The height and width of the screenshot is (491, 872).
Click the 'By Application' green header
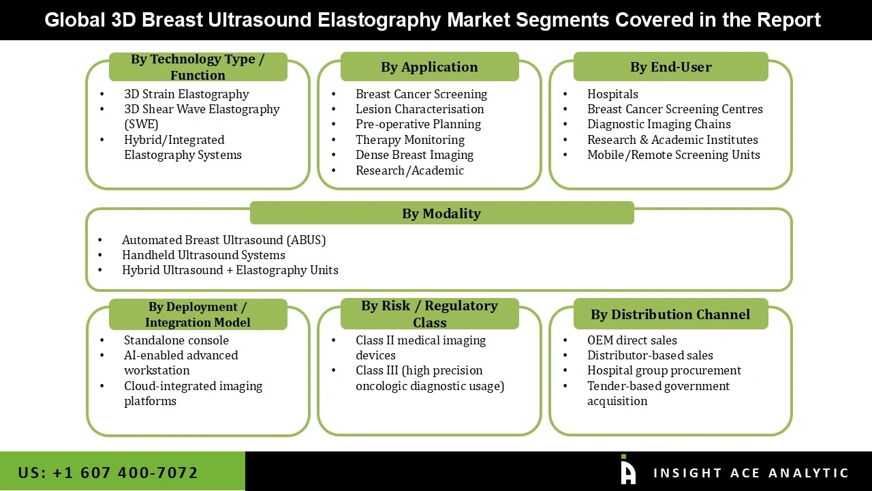click(429, 67)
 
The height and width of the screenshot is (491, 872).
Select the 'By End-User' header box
click(670, 67)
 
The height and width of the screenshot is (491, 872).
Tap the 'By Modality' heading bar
click(441, 213)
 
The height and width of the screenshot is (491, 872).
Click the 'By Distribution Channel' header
click(670, 314)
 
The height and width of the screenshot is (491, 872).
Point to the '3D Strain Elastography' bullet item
click(186, 94)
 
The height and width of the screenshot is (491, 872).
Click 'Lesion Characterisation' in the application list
click(420, 109)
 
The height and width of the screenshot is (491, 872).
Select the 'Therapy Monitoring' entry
click(410, 140)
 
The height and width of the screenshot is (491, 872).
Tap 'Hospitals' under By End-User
click(612, 94)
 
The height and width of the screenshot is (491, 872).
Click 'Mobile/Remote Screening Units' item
click(673, 155)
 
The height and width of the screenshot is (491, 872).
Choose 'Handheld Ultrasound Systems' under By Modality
click(204, 255)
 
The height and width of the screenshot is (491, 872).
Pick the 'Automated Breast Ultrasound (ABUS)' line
click(223, 240)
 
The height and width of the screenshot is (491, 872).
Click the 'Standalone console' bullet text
click(176, 340)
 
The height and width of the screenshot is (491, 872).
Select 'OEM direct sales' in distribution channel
click(632, 340)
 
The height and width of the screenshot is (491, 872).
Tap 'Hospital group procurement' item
click(664, 370)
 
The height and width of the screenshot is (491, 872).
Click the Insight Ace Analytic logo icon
click(627, 471)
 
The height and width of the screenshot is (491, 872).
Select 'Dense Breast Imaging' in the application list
click(414, 155)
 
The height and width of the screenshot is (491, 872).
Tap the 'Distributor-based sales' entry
click(650, 355)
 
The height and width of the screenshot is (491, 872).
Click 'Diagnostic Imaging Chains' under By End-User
click(659, 124)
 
